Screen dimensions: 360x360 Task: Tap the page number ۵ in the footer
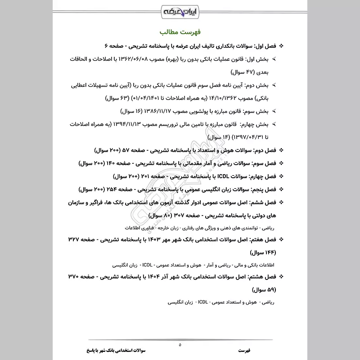point(180,345)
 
